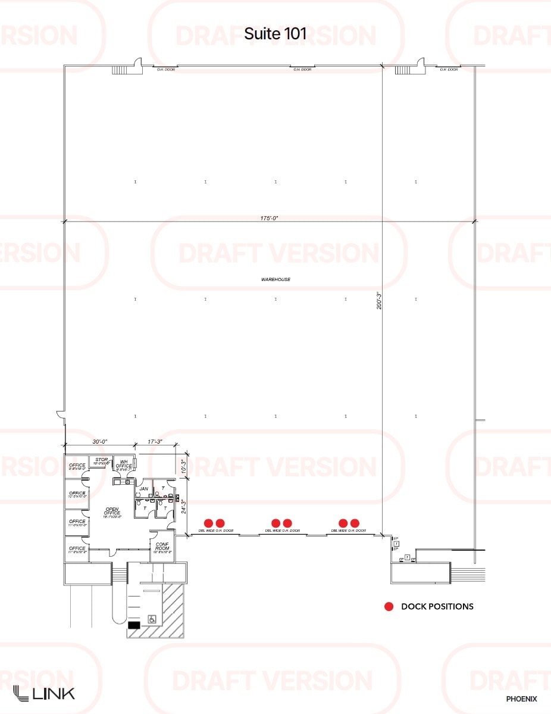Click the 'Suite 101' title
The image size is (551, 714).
[x=275, y=34]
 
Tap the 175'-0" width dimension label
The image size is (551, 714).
[x=269, y=219]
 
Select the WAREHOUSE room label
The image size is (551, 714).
[x=275, y=279]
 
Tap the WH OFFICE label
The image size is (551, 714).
[x=124, y=464]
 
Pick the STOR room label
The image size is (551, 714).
[x=102, y=460]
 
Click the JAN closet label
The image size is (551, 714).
[x=143, y=488]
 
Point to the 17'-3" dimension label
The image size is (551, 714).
[x=155, y=442]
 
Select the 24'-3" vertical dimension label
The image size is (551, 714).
[x=183, y=506]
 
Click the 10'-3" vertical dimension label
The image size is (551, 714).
[x=183, y=466]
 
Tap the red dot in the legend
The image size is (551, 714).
[x=389, y=607]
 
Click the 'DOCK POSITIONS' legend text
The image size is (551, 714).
[x=437, y=607]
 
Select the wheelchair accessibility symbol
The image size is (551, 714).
[x=152, y=620]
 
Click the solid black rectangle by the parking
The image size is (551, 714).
[x=134, y=625]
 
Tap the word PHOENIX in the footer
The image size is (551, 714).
[x=521, y=699]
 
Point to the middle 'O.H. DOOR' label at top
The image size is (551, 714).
[x=302, y=70]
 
